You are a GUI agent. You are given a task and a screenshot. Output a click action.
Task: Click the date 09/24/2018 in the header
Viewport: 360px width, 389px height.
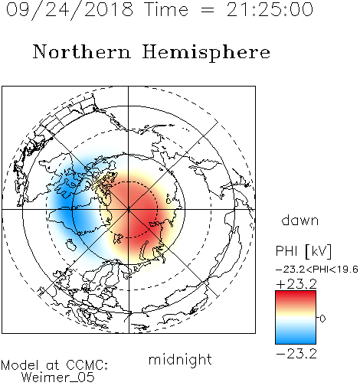point(70,10)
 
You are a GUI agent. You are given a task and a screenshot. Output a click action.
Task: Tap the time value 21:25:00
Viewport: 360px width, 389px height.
point(270,10)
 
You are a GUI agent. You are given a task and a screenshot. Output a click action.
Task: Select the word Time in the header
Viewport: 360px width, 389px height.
point(166,10)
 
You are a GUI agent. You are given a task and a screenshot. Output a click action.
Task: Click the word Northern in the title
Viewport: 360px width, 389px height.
point(81,52)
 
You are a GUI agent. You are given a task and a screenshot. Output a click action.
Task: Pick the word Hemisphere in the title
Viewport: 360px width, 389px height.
point(206,53)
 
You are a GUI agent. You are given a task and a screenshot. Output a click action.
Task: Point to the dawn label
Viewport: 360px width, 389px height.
point(300,221)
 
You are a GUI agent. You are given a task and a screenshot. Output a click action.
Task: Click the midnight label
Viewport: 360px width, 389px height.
point(180,359)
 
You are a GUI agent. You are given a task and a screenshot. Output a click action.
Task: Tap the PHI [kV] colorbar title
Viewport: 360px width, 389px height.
point(304,251)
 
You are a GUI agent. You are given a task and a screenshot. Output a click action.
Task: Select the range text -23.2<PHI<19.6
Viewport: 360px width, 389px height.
point(317,270)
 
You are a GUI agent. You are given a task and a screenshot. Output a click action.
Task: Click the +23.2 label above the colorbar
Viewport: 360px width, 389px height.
point(296,284)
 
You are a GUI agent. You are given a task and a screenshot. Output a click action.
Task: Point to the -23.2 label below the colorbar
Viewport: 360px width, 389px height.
point(296,354)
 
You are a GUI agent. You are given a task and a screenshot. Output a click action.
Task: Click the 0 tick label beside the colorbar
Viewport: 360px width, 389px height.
point(322,319)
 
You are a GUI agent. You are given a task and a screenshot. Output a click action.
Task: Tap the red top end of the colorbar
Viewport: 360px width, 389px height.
point(296,293)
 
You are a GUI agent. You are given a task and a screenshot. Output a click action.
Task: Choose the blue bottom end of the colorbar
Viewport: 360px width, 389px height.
point(296,342)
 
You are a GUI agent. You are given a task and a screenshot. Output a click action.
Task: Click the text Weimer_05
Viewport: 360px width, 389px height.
point(58,378)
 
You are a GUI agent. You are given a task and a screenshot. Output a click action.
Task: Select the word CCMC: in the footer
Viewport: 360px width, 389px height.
point(87,365)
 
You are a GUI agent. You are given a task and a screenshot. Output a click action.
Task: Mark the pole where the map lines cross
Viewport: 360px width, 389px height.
point(129,209)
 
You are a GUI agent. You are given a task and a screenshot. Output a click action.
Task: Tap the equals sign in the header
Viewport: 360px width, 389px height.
point(208,11)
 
